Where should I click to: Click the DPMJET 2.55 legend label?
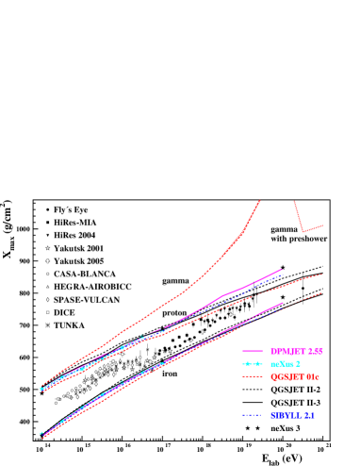pyautogui.click(x=296, y=351)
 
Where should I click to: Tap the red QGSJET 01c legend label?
pyautogui.click(x=295, y=376)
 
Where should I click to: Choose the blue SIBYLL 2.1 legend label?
pyautogui.click(x=291, y=415)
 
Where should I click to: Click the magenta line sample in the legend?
pyautogui.click(x=252, y=351)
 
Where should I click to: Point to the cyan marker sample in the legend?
pyautogui.click(x=252, y=363)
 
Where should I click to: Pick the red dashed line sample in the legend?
pyautogui.click(x=252, y=376)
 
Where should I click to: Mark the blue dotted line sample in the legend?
pyautogui.click(x=252, y=415)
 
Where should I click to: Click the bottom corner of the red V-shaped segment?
pyautogui.click(x=303, y=231)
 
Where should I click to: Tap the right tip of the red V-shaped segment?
pyautogui.click(x=323, y=225)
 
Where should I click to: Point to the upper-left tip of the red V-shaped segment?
pyautogui.click(x=294, y=199)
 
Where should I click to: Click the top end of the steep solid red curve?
pyautogui.click(x=259, y=199)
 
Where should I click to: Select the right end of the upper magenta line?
pyautogui.click(x=283, y=269)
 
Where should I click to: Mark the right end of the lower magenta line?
pyautogui.click(x=284, y=303)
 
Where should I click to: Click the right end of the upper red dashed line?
pyautogui.click(x=322, y=274)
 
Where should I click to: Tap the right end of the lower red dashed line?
pyautogui.click(x=322, y=292)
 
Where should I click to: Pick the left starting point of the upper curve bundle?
pyautogui.click(x=41, y=389)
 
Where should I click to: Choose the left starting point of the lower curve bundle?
pyautogui.click(x=41, y=435)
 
